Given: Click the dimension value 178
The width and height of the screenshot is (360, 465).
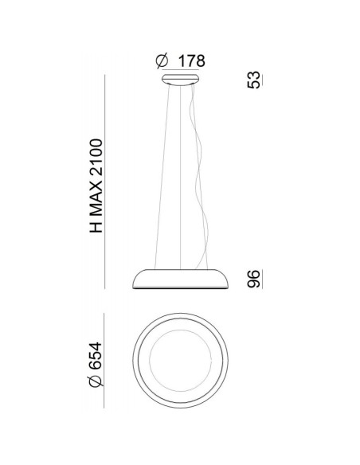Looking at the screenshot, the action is coord(192,61).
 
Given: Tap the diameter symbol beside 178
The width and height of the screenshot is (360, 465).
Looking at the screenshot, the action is coord(162,61).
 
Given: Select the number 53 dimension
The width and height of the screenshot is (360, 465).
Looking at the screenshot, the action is coord(253,80).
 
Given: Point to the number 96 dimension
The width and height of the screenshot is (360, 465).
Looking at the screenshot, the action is coord(253,279).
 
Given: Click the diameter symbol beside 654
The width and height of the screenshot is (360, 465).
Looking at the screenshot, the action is coord(96,381).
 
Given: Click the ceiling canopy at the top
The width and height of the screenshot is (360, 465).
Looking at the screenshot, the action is coord(180,80).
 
